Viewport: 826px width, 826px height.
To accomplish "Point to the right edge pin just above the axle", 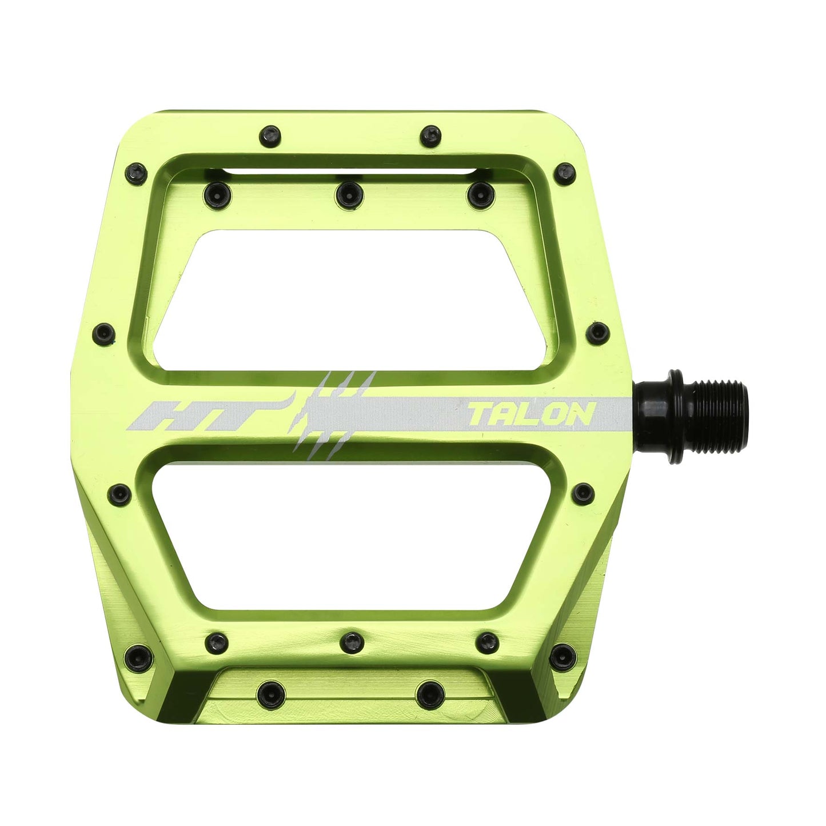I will (598, 330).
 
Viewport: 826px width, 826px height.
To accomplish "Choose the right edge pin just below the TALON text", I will (583, 491).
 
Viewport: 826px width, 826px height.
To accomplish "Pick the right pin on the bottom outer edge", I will (428, 692).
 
